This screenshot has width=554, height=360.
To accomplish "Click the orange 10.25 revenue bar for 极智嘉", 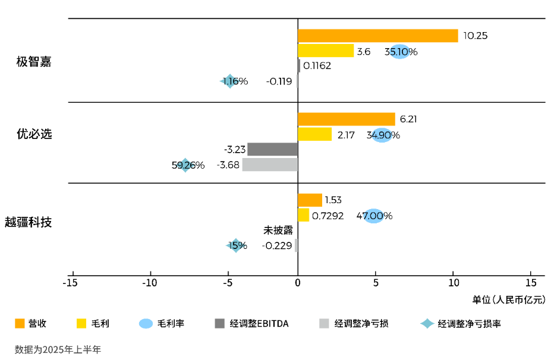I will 377,36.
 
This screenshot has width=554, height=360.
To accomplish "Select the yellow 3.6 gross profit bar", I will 325,51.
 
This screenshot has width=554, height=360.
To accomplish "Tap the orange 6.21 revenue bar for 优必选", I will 346,119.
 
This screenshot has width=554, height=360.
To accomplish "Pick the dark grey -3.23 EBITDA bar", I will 272,149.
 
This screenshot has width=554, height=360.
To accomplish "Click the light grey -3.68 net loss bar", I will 269,165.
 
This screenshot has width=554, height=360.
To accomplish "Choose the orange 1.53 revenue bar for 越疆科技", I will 310,200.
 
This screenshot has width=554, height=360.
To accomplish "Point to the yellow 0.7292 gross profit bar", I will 303,215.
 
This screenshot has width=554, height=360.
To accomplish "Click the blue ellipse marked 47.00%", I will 373,216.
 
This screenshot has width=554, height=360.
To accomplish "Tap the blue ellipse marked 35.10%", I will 400,52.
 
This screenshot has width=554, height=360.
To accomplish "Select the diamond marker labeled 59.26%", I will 185,165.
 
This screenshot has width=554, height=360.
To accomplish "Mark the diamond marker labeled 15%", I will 235,245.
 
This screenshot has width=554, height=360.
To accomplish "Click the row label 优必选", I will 34,134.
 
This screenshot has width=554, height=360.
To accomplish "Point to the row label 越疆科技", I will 29,222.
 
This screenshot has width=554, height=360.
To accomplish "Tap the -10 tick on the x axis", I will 150,283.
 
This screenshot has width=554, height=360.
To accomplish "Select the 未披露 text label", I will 278,230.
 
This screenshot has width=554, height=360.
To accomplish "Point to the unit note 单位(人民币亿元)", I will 509,299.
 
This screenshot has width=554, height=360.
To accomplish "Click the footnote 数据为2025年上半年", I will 58,349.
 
